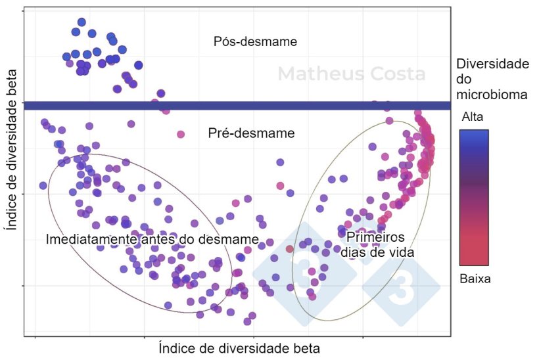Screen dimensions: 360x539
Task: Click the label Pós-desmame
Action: (x=255, y=41)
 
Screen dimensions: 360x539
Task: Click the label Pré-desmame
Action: (x=251, y=133)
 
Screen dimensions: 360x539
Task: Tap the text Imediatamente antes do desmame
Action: (x=152, y=239)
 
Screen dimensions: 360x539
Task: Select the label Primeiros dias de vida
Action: (x=375, y=244)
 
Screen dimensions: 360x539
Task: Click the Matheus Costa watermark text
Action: (x=351, y=74)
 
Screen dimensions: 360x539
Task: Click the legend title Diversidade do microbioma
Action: (x=492, y=79)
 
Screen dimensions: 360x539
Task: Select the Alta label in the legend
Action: (x=474, y=117)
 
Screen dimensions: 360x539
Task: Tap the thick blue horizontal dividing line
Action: (x=237, y=106)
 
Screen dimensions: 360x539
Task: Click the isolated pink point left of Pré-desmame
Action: (x=180, y=134)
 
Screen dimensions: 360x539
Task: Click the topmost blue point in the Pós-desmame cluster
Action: (x=82, y=22)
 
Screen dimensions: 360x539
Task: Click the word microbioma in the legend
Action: (x=492, y=95)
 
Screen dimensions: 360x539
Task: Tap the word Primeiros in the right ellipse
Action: (x=375, y=237)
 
